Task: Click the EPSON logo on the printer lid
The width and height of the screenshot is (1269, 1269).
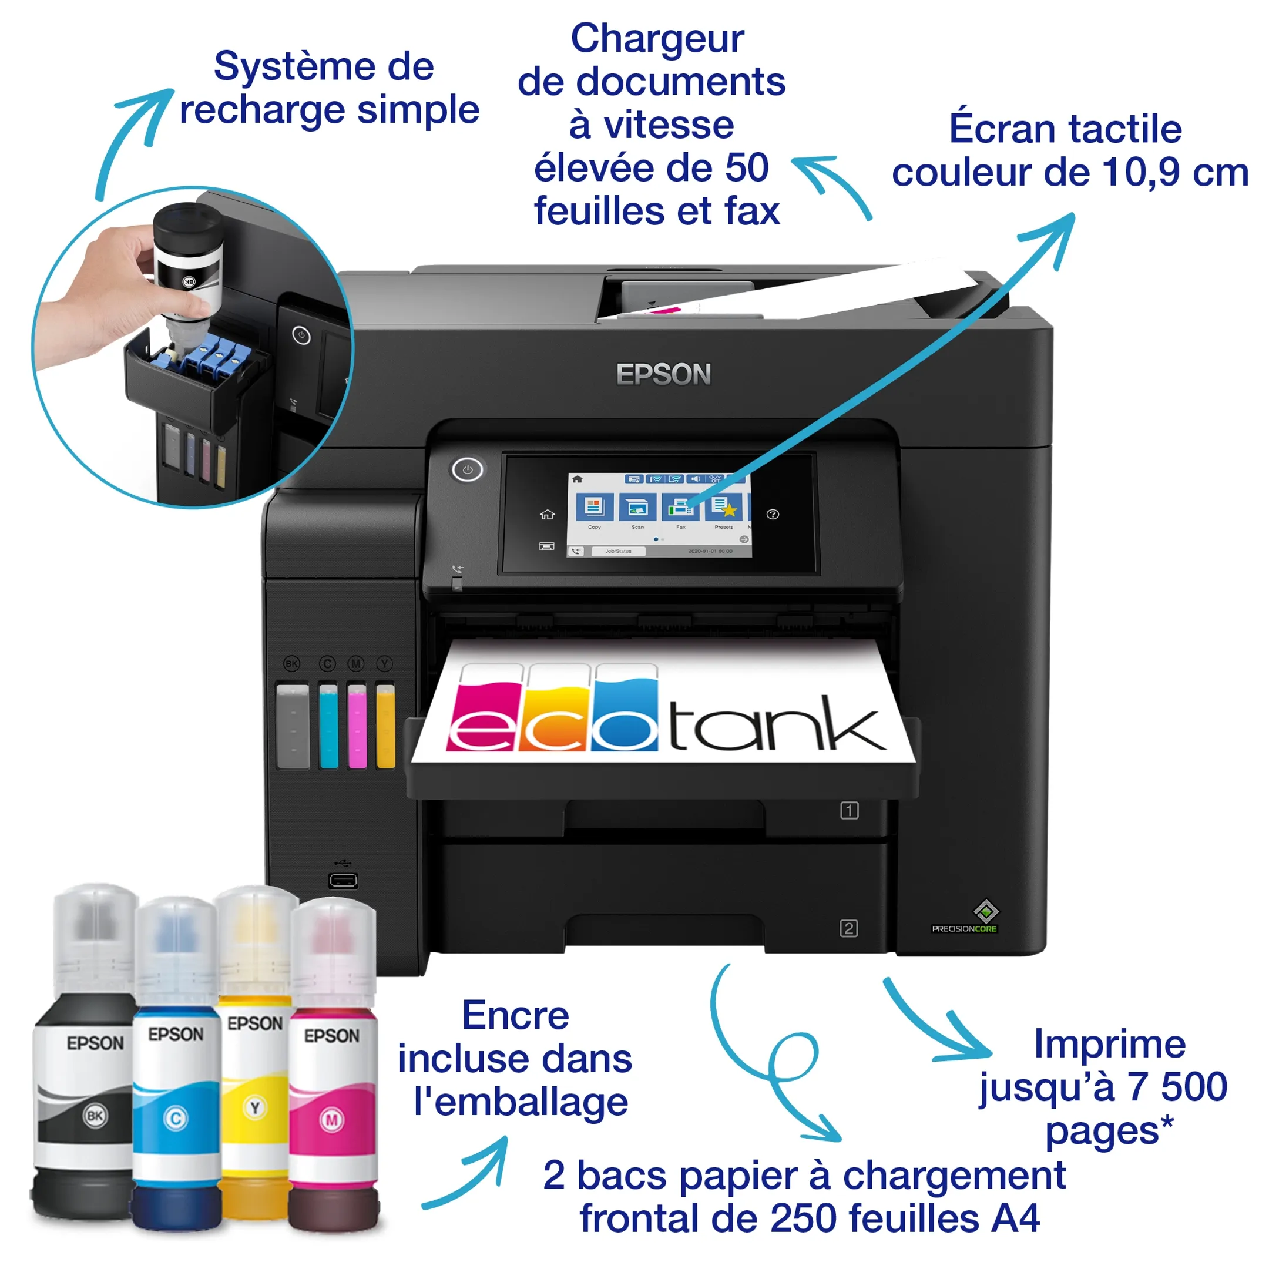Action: tap(663, 374)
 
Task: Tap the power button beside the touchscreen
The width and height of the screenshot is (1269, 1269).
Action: tap(467, 469)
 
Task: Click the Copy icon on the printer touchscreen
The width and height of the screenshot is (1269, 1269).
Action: tap(595, 507)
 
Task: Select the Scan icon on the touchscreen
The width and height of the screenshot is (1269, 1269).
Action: tap(637, 507)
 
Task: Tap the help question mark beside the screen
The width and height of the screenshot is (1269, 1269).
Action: tap(773, 514)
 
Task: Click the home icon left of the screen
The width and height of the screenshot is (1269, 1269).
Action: tap(547, 514)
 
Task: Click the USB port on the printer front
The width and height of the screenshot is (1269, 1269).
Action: tap(343, 880)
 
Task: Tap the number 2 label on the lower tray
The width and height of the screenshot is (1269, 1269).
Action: tap(848, 928)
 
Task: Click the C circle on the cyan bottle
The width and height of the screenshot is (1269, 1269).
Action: tap(176, 1118)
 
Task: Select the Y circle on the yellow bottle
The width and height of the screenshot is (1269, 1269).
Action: tap(255, 1108)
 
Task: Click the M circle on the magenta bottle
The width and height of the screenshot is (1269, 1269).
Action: tap(332, 1120)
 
